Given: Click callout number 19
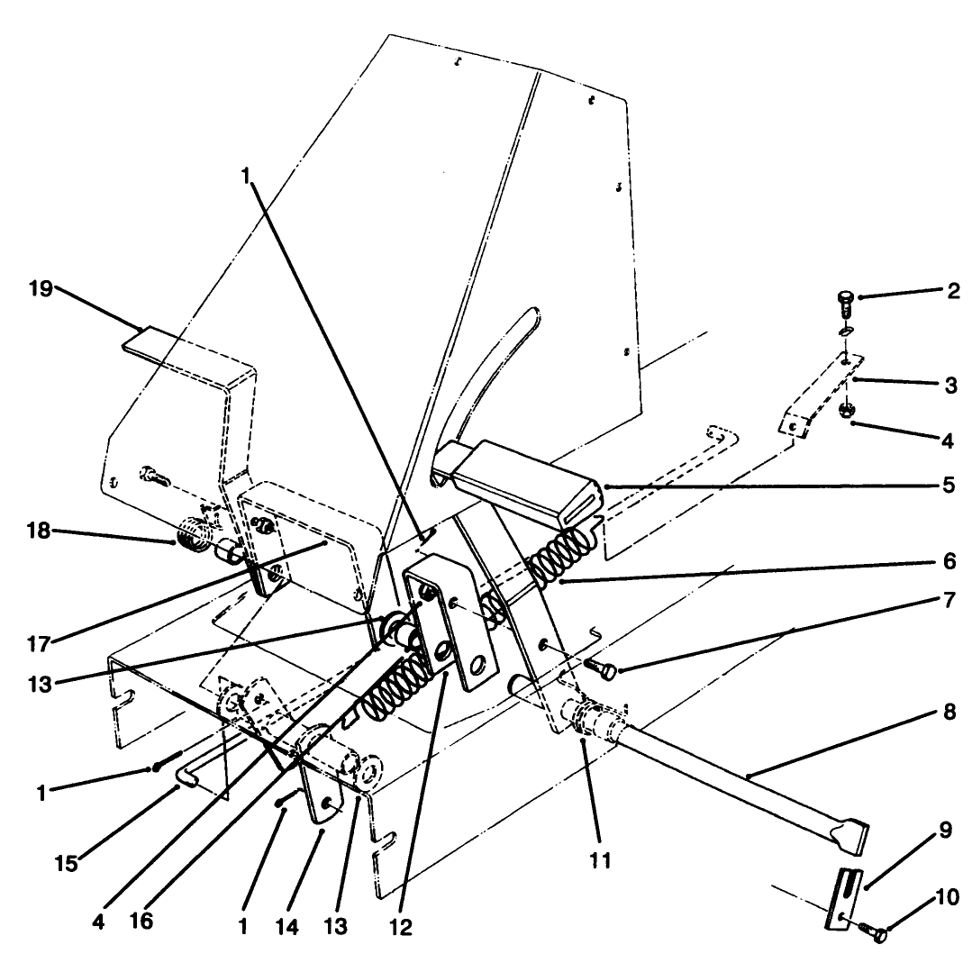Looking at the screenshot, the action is pos(41,289).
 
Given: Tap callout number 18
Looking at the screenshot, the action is pos(39,531).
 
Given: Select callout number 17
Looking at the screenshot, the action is pos(39,645).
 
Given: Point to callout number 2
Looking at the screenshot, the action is pos(953,291).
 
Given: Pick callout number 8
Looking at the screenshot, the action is pos(949,712).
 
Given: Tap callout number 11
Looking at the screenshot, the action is pos(600,860).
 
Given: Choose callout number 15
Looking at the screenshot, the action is pos(67,864).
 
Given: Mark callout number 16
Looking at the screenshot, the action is pos(141,921).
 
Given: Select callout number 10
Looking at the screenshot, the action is pos(947,897).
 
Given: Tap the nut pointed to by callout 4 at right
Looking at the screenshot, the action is pos(846,411).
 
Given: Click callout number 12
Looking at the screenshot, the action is pos(401,927).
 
